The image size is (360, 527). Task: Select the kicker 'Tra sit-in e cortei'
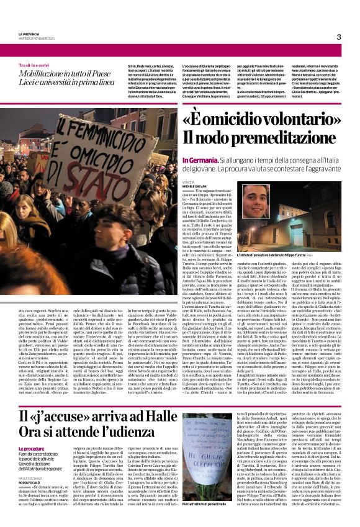34,65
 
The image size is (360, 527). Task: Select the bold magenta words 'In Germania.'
200,160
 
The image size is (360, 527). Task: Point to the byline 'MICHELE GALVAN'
196,186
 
